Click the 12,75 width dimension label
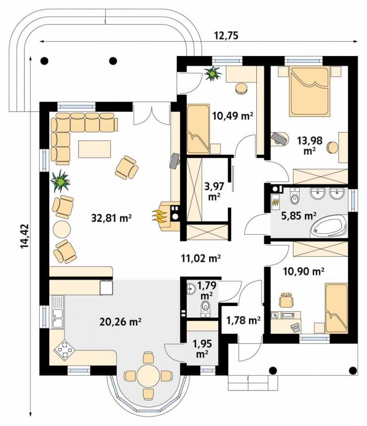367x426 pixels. tap(226, 36)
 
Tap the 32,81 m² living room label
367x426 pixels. tap(112, 218)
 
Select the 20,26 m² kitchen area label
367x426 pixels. tap(120, 322)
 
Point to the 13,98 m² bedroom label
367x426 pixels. tap(309, 145)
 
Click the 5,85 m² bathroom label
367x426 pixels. tap(298, 216)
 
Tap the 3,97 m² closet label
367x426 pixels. tap(214, 192)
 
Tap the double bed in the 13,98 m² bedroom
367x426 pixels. tap(309, 91)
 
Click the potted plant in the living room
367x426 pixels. tap(60, 181)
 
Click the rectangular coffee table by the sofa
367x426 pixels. tap(94, 149)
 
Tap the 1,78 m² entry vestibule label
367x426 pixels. tap(243, 320)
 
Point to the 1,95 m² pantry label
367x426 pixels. tap(202, 348)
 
